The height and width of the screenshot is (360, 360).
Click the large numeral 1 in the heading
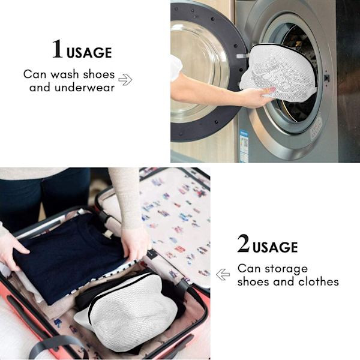pyautogui.click(x=58, y=49)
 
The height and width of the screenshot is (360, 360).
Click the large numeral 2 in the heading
pyautogui.click(x=244, y=244)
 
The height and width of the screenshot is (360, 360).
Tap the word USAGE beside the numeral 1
pyautogui.click(x=89, y=53)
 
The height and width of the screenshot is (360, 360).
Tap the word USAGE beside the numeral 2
pyautogui.click(x=275, y=247)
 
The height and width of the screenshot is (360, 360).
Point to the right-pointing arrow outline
pyautogui.click(x=125, y=80)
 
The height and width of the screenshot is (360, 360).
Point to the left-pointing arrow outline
pyautogui.click(x=223, y=274)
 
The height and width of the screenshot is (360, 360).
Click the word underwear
pyautogui.click(x=85, y=88)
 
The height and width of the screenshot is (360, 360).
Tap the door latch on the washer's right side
pyautogui.click(x=326, y=78)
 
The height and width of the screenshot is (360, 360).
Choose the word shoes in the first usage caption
pyautogui.click(x=99, y=74)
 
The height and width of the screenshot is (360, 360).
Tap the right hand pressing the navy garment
pyautogui.click(x=135, y=245)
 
